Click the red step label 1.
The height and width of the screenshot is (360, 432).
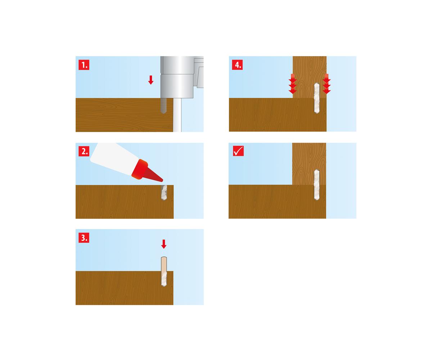pyautogui.click(x=84, y=65)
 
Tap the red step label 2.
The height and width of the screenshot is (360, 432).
pyautogui.click(x=84, y=151)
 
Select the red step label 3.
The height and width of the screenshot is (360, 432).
pyautogui.click(x=84, y=237)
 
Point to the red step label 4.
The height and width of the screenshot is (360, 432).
pyautogui.click(x=237, y=65)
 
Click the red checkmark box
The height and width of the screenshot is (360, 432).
pyautogui.click(x=238, y=151)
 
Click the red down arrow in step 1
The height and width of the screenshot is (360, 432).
pyautogui.click(x=151, y=80)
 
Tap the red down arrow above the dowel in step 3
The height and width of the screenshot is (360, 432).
pyautogui.click(x=164, y=244)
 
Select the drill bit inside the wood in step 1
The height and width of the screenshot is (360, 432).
pyautogui.click(x=163, y=106)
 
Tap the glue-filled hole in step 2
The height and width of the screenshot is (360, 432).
pyautogui.click(x=164, y=193)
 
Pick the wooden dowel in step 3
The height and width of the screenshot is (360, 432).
pyautogui.click(x=164, y=271)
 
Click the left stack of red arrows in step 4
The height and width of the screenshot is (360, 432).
pyautogui.click(x=293, y=84)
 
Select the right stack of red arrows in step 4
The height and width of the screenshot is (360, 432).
pyautogui.click(x=327, y=84)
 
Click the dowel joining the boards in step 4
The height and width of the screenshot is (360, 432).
pyautogui.click(x=316, y=98)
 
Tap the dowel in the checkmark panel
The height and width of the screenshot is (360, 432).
pyautogui.click(x=316, y=185)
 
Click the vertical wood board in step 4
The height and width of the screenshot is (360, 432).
pyautogui.click(x=310, y=77)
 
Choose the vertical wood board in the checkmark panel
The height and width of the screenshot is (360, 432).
pyautogui.click(x=309, y=164)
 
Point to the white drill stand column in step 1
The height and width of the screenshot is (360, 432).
pyautogui.click(x=177, y=115)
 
